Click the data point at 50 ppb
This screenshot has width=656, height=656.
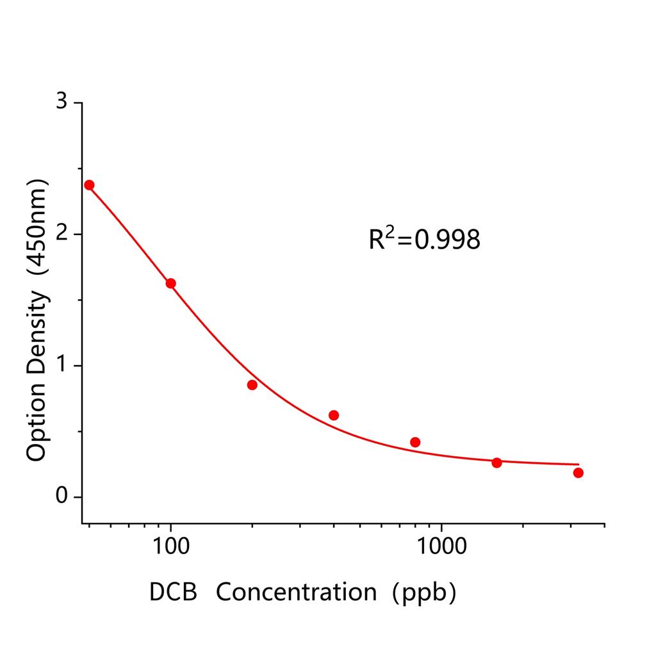(89, 184)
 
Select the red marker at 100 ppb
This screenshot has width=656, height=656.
(170, 283)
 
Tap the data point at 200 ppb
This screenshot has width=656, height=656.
(252, 385)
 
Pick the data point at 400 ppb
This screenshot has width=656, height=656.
(334, 415)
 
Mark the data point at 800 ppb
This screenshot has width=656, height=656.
(415, 442)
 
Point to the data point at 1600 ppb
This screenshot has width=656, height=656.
(496, 463)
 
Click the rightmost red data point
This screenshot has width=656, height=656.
(578, 473)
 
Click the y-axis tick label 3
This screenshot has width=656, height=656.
(61, 102)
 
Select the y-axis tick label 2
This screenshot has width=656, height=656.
(61, 234)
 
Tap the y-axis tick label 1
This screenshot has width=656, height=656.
(61, 365)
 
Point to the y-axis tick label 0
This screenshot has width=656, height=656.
(61, 496)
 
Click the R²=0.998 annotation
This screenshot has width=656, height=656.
(424, 239)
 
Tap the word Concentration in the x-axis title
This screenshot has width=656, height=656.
(296, 592)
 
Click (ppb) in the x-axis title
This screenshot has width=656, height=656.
(425, 592)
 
